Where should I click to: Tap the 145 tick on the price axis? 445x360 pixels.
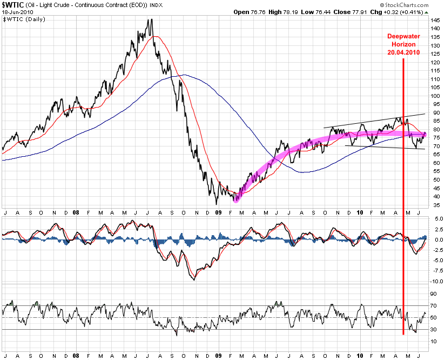tap(435, 21)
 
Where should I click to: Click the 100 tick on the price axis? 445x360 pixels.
tap(435, 96)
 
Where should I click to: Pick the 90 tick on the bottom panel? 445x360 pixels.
tap(433, 294)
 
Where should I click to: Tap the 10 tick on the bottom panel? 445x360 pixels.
tap(433, 341)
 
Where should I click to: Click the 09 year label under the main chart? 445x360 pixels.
tap(218, 212)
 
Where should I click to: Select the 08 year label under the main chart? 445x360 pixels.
tap(76, 212)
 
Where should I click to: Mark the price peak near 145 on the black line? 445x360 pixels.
tap(151, 20)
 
